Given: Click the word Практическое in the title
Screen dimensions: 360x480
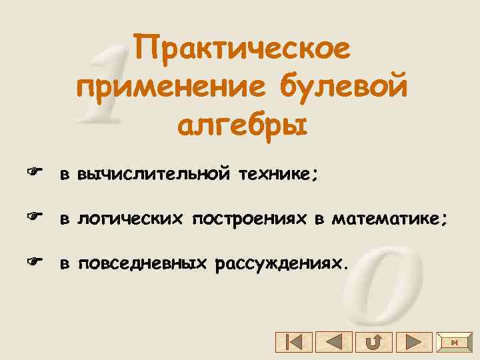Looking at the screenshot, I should [x=241, y=51].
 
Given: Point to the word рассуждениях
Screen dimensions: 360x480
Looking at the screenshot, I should [x=282, y=263].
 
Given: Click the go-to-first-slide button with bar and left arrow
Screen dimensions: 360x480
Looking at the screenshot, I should [x=293, y=343].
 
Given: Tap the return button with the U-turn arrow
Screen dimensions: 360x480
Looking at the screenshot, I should [x=373, y=343].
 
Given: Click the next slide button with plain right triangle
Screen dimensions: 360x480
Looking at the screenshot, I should [x=413, y=343].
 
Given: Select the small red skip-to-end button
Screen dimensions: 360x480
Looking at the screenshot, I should [x=454, y=343].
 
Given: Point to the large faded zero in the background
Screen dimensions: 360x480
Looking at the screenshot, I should [x=387, y=280].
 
